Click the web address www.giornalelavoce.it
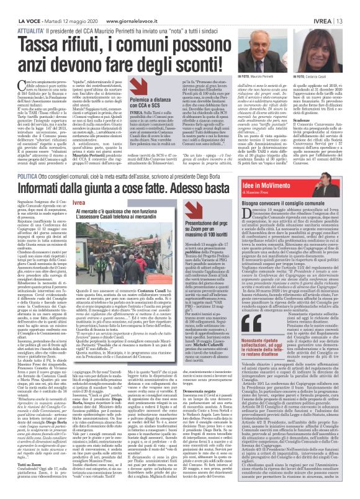point(128,6)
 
